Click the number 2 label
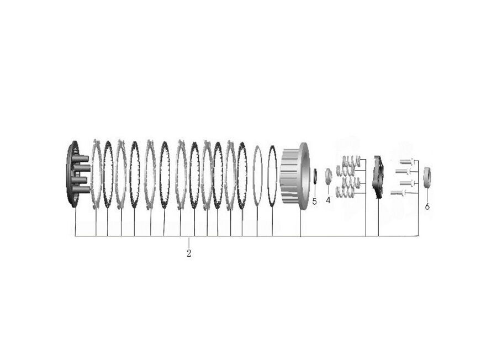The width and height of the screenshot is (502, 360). (189, 253)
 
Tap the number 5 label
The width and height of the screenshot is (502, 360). (314, 202)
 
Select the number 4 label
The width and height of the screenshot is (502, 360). (328, 200)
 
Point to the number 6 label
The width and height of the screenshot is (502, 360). (427, 207)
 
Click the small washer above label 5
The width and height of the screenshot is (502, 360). (314, 176)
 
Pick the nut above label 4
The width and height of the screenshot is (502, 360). (329, 176)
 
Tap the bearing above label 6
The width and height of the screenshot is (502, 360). (427, 178)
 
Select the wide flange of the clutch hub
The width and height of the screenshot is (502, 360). (304, 176)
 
